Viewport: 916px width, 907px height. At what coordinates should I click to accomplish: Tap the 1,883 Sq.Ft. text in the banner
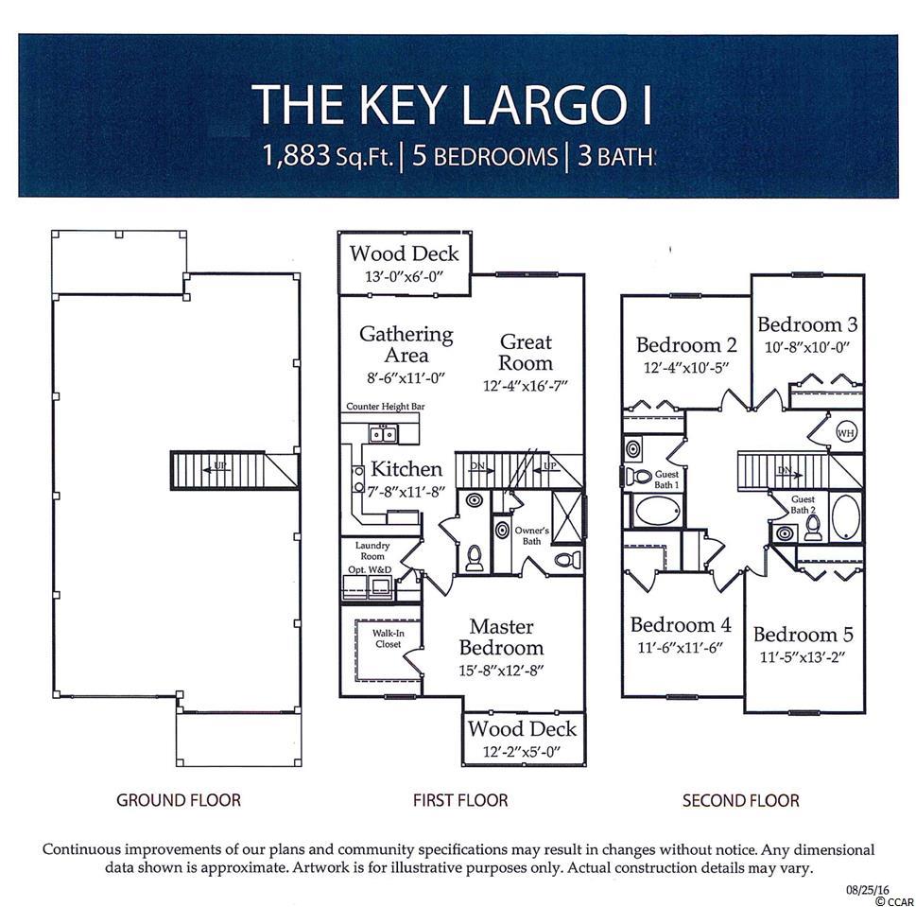point(328,156)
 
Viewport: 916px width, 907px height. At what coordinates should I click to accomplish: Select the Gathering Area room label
point(406,344)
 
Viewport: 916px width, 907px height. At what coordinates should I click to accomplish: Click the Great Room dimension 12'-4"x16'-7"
point(526,386)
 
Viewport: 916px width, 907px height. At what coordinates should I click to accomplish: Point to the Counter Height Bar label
point(385,406)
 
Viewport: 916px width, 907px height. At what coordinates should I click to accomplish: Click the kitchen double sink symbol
point(383,434)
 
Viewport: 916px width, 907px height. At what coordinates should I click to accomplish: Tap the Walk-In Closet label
point(388,638)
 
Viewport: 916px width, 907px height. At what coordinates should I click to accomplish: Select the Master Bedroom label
point(501,637)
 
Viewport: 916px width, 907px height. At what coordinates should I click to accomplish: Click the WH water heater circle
point(845,433)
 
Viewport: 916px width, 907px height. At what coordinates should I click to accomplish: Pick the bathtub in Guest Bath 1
point(658,512)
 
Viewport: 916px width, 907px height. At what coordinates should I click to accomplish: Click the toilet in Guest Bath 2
point(813,528)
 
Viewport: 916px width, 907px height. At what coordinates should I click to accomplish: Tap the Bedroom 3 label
point(807,324)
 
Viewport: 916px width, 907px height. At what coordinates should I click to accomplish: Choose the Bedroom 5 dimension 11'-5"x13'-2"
point(803,657)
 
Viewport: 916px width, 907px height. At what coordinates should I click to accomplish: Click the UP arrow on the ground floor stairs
point(216,468)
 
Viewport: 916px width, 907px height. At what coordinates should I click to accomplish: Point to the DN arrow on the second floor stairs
point(788,472)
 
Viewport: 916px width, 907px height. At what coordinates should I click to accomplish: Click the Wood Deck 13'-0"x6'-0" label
point(405,264)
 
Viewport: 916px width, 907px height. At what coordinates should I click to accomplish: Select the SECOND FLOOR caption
point(741,801)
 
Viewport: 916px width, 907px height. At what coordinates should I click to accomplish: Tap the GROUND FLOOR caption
point(178,801)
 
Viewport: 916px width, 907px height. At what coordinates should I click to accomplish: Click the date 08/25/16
point(868,890)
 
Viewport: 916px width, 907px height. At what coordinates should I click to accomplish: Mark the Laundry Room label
point(372,550)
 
